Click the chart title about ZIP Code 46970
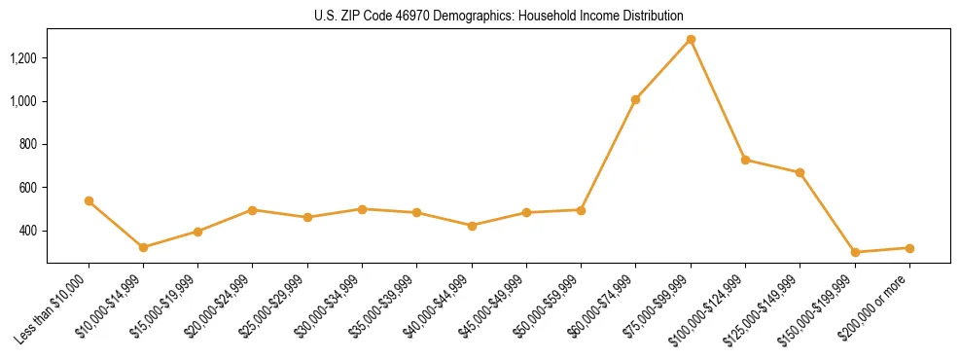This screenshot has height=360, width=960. click(x=498, y=17)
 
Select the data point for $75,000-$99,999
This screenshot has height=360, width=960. click(x=691, y=40)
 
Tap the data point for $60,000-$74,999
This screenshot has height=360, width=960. click(x=635, y=99)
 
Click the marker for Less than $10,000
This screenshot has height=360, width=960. click(x=89, y=200)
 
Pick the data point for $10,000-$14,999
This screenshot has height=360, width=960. click(x=143, y=247)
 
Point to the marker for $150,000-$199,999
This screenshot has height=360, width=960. click(x=800, y=252)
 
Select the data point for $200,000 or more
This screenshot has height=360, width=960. click(x=854, y=248)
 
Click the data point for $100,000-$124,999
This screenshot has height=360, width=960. click(x=745, y=160)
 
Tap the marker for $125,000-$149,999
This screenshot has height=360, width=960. click(x=800, y=172)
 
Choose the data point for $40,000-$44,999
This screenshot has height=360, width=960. click(x=472, y=226)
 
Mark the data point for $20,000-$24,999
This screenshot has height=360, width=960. click(x=253, y=210)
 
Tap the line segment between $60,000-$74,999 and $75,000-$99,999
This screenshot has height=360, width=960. click(x=663, y=69)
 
